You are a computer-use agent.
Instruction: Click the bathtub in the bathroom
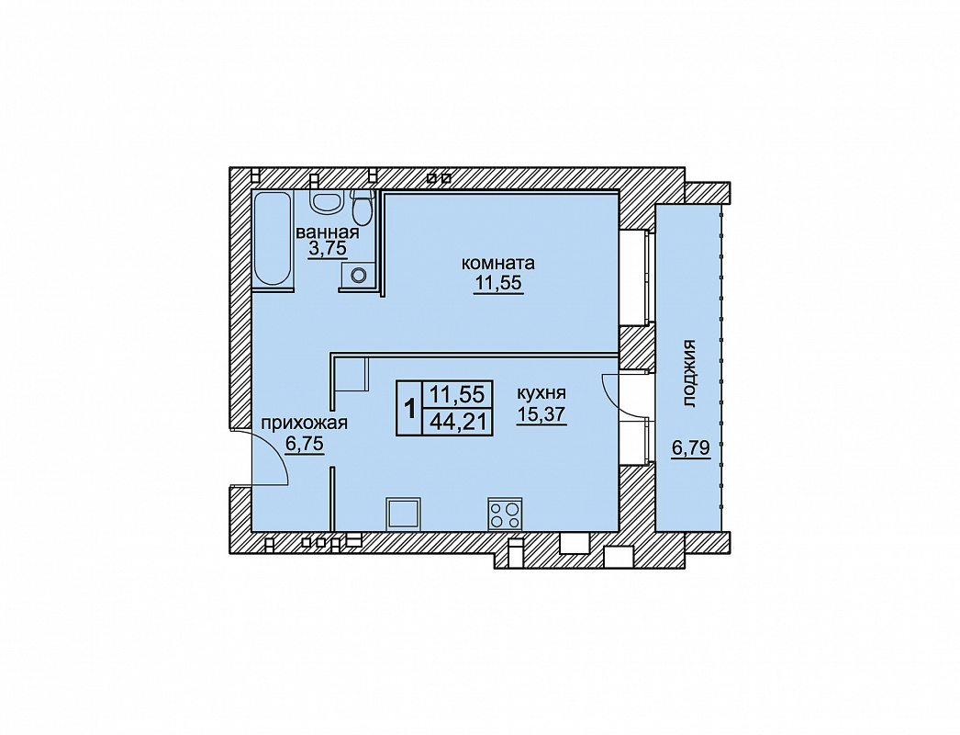pyautogui.click(x=273, y=239)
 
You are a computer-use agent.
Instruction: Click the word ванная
pyautogui.click(x=328, y=233)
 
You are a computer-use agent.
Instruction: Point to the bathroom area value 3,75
pyautogui.click(x=328, y=249)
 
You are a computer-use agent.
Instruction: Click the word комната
pyautogui.click(x=497, y=264)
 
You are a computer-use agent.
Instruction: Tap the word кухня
pyautogui.click(x=541, y=393)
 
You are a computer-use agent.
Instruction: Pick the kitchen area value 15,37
pyautogui.click(x=541, y=414)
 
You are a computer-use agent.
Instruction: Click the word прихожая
pyautogui.click(x=305, y=423)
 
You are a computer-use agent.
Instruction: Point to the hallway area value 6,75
pyautogui.click(x=305, y=444)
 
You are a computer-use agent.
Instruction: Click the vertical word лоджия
pyautogui.click(x=690, y=373)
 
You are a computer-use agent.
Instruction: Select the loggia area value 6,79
pyautogui.click(x=690, y=448)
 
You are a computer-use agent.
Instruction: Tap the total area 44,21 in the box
pyautogui.click(x=457, y=422)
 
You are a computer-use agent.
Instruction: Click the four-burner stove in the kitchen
pyautogui.click(x=505, y=514)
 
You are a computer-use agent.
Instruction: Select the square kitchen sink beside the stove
pyautogui.click(x=404, y=513)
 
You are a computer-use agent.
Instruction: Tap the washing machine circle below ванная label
pyautogui.click(x=359, y=275)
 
